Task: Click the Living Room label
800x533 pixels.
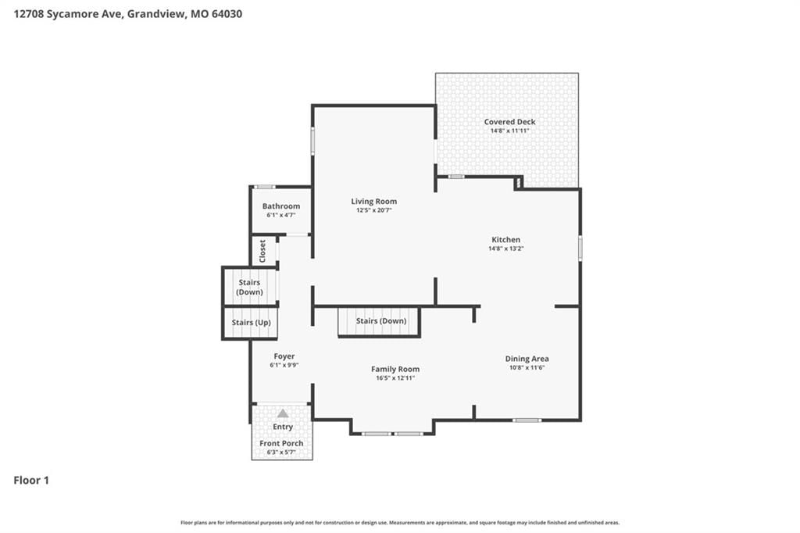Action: click(x=374, y=201)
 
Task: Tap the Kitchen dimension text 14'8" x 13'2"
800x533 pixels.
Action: click(x=506, y=249)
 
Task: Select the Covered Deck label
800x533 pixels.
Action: click(x=509, y=121)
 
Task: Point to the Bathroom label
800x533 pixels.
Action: click(x=281, y=206)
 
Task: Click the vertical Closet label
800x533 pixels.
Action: click(x=262, y=251)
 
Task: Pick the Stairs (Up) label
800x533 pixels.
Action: click(x=251, y=323)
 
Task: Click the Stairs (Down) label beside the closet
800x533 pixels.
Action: click(x=249, y=287)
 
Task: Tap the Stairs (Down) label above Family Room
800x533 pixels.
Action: click(x=381, y=321)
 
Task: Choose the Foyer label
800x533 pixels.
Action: click(x=284, y=356)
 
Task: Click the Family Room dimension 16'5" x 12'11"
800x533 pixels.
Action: click(x=395, y=378)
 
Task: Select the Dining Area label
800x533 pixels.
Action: click(x=527, y=359)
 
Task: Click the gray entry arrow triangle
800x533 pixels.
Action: click(x=283, y=413)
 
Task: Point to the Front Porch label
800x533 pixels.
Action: click(x=281, y=443)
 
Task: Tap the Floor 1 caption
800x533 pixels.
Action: click(x=31, y=481)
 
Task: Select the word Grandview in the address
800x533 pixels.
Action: click(x=156, y=14)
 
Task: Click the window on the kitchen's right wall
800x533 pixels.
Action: click(x=580, y=248)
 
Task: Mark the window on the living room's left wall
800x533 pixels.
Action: click(x=312, y=141)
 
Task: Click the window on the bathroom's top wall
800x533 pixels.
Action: click(x=265, y=187)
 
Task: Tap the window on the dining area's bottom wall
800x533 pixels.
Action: click(x=527, y=420)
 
